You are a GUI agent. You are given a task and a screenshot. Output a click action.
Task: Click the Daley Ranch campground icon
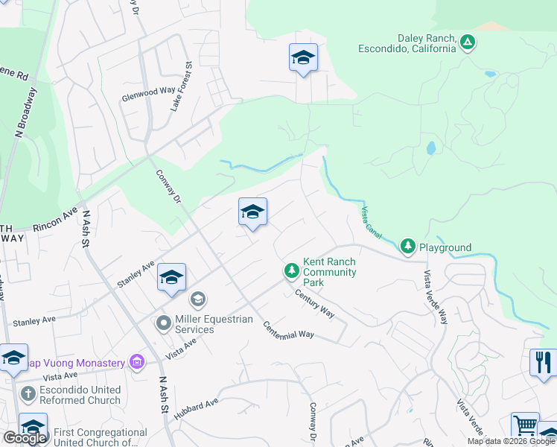click(467, 41)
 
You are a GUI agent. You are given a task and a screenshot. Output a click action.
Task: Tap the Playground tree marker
click(407, 245)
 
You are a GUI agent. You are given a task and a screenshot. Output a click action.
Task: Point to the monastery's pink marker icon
click(136, 363)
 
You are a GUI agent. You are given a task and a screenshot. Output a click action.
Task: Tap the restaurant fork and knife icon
click(543, 362)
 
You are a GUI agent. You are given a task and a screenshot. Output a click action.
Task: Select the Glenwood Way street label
click(149, 92)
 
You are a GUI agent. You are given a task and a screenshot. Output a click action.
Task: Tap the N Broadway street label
click(26, 112)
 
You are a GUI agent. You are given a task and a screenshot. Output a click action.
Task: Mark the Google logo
click(25, 437)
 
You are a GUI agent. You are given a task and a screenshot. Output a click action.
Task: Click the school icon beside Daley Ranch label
click(303, 57)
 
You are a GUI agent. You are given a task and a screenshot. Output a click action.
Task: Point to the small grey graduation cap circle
click(197, 300)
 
